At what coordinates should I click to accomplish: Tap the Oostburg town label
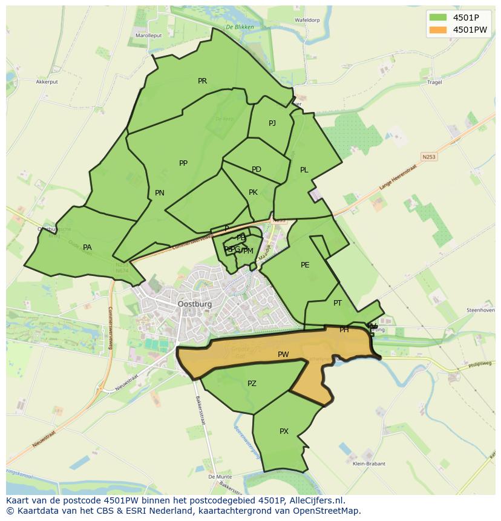click(195, 304)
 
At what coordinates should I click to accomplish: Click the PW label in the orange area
click(283, 355)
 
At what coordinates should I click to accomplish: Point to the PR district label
click(202, 80)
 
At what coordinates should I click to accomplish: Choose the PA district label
click(87, 247)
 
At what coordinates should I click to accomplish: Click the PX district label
click(284, 431)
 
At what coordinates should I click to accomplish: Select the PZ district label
click(252, 384)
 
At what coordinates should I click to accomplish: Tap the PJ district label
click(272, 123)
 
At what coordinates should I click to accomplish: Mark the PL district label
click(304, 170)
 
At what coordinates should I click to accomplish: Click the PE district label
click(305, 265)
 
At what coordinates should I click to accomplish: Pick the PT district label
click(338, 303)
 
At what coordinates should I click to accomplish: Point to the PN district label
click(160, 193)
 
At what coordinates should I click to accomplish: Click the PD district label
click(257, 169)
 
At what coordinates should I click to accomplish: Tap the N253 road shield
click(429, 157)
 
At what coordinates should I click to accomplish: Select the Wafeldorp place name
click(307, 20)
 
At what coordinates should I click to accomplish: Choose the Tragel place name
click(434, 82)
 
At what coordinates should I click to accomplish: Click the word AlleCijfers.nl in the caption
click(315, 500)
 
